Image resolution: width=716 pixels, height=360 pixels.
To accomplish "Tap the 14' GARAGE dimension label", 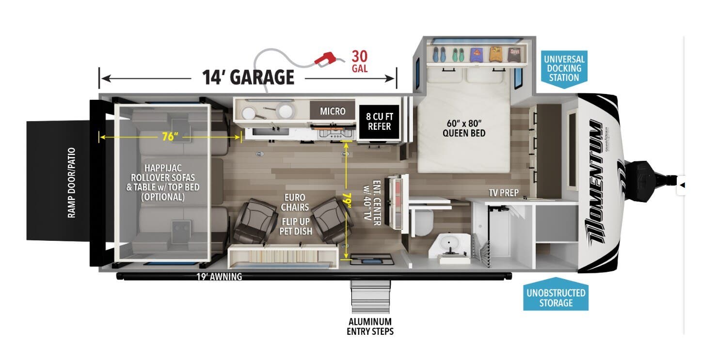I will tap(248, 77).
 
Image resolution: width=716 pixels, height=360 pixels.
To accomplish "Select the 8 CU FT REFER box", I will tap(379, 121).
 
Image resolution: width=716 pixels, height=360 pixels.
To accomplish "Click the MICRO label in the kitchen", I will tap(333, 111).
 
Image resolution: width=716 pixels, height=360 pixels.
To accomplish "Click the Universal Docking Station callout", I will tap(564, 68).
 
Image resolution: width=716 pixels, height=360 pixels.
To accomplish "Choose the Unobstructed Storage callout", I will tap(556, 297).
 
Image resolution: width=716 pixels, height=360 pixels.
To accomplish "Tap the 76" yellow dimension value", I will tap(168, 137).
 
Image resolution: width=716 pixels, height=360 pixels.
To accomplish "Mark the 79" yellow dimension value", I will tap(346, 199).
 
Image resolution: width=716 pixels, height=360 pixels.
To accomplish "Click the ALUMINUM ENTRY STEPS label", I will tap(369, 327).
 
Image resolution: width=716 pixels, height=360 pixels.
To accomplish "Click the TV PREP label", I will tap(503, 193).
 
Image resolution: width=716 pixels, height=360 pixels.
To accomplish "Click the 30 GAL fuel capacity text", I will tap(359, 61).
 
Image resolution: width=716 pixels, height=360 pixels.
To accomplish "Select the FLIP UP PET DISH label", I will tap(295, 227).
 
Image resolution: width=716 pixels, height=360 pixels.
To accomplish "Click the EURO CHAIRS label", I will tap(295, 203).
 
